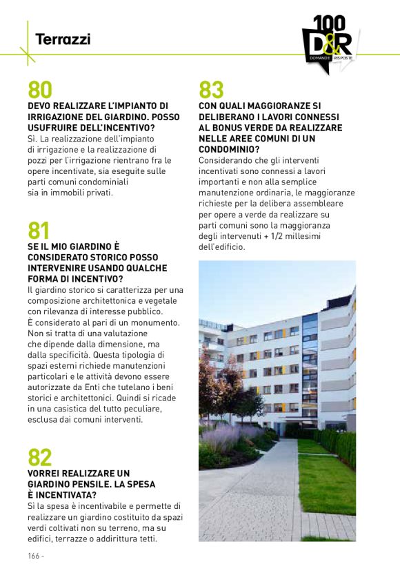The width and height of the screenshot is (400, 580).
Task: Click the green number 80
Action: pyautogui.click(x=40, y=90)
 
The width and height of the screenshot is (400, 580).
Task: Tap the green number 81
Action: pyautogui.click(x=39, y=231)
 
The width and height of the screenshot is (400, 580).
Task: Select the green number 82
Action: pyautogui.click(x=40, y=457)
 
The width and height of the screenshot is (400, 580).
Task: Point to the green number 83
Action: pyautogui.click(x=211, y=90)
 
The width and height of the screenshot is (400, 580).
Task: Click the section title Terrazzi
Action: pyautogui.click(x=63, y=39)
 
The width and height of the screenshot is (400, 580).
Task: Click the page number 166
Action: pyautogui.click(x=34, y=556)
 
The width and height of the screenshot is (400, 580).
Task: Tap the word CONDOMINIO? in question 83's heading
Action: pyautogui.click(x=229, y=149)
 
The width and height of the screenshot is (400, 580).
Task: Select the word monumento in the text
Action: pyautogui.click(x=157, y=322)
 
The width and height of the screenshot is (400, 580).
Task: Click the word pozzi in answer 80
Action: pyautogui.click(x=39, y=159)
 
